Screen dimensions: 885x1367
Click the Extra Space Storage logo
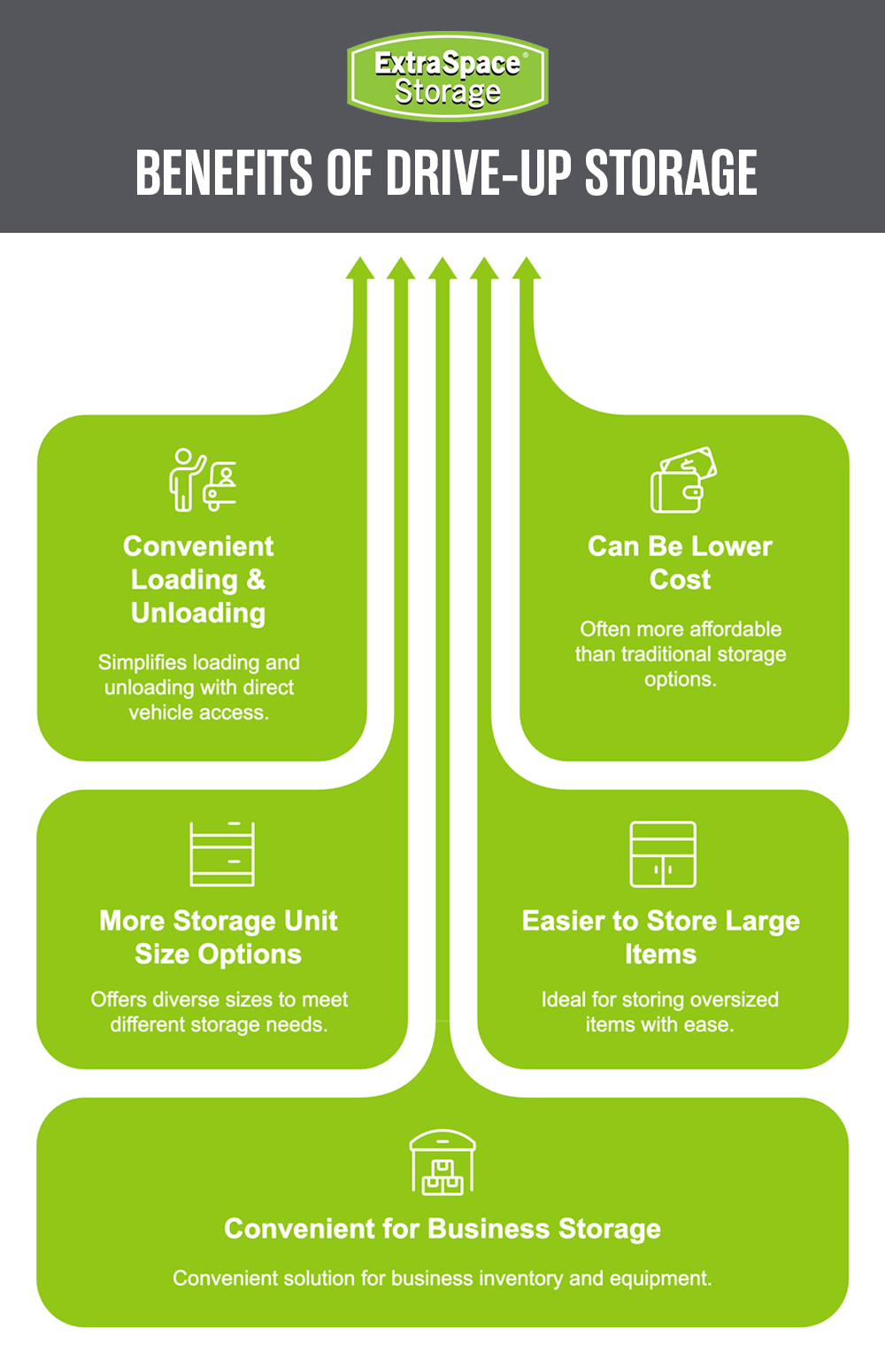click(x=448, y=76)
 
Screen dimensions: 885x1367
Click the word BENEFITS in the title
click(x=224, y=173)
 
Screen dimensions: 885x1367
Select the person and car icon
click(x=203, y=480)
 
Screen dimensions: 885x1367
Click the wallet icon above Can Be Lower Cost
click(x=683, y=480)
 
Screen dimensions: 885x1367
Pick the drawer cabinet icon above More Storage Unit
click(x=222, y=853)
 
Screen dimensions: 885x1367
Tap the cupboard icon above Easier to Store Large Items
click(x=662, y=853)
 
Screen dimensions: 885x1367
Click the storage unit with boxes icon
click(x=442, y=1162)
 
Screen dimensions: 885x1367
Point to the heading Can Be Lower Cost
click(x=680, y=563)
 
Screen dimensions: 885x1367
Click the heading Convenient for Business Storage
click(x=442, y=1229)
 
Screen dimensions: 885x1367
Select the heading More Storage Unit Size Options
click(x=219, y=938)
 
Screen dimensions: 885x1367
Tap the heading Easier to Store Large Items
click(x=660, y=938)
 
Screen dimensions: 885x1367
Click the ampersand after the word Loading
click(x=256, y=579)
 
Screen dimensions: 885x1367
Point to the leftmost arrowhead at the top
click(x=360, y=268)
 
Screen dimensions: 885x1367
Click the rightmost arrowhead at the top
click(x=527, y=268)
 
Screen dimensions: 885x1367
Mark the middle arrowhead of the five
click(x=442, y=268)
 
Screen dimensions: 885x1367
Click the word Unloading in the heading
click(x=198, y=613)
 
